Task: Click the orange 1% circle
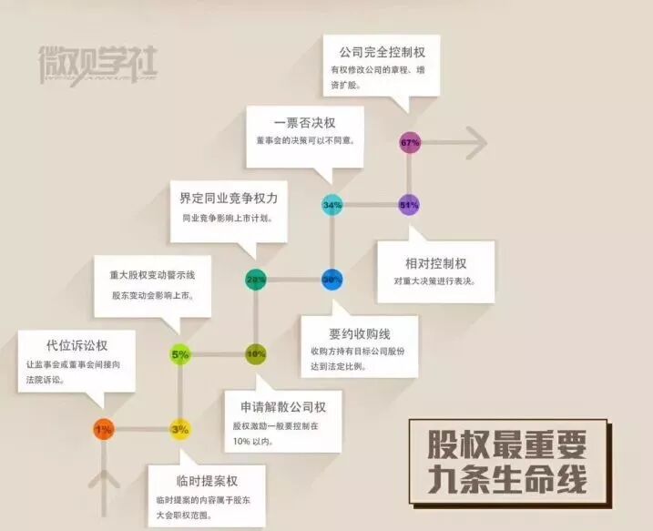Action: [104, 428]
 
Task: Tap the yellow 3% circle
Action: [180, 428]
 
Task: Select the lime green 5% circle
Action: [180, 353]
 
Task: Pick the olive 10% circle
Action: [256, 353]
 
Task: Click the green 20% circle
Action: [256, 279]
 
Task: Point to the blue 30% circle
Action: [332, 279]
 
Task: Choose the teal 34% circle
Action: [332, 205]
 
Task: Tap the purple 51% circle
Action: [409, 205]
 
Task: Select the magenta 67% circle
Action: [410, 143]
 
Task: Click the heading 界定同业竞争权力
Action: [229, 197]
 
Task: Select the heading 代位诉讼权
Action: [77, 345]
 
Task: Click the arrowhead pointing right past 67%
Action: [474, 142]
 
